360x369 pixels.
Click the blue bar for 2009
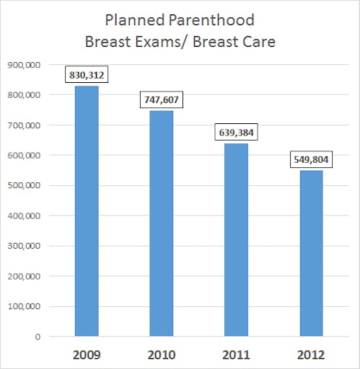tap(87, 211)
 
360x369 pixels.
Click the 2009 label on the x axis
tap(87, 355)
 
